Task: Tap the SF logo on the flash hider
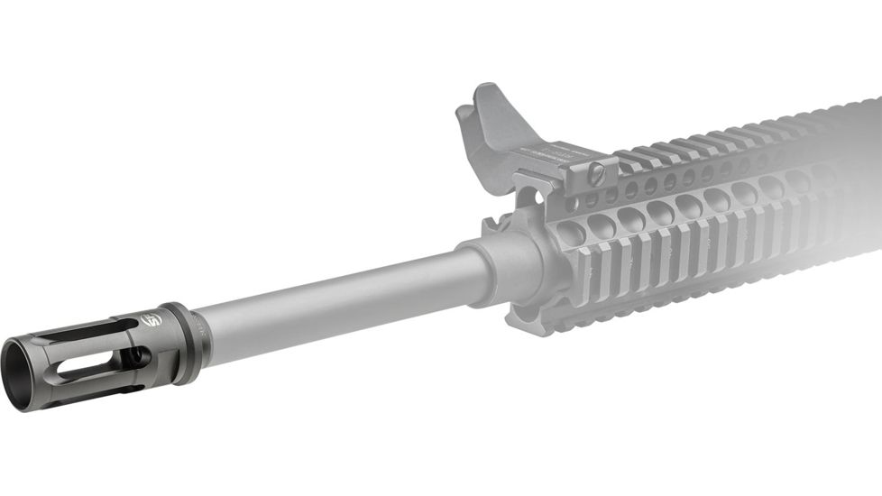click(x=152, y=317)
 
